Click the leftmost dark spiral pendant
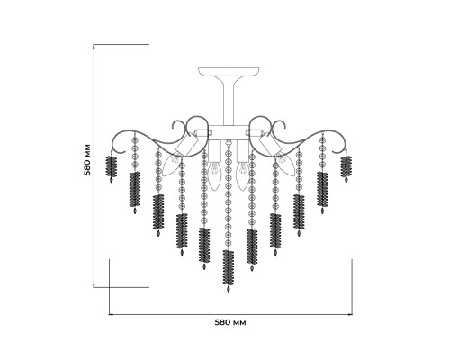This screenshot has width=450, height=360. pos(112,167)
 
